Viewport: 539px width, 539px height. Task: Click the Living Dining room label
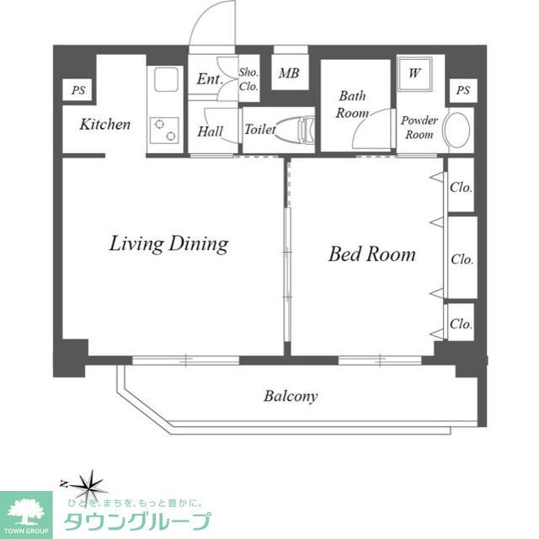(168, 244)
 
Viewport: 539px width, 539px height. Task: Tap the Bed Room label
(372, 254)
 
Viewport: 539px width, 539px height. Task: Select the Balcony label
(291, 396)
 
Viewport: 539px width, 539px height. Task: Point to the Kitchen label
(105, 124)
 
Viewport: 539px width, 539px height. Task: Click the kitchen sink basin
(166, 79)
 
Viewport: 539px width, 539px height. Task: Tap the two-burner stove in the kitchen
(165, 131)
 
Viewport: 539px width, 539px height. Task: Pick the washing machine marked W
(414, 73)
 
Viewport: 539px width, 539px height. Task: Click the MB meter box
(290, 72)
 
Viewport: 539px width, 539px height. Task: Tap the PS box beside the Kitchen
(77, 90)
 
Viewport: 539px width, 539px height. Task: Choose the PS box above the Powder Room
(463, 90)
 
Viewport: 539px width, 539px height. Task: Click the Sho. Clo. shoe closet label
(248, 79)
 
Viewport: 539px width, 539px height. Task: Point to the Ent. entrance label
(210, 79)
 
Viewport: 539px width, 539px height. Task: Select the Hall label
(210, 131)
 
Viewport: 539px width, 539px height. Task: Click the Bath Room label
(352, 104)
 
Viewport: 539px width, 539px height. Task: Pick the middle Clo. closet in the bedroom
(462, 258)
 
